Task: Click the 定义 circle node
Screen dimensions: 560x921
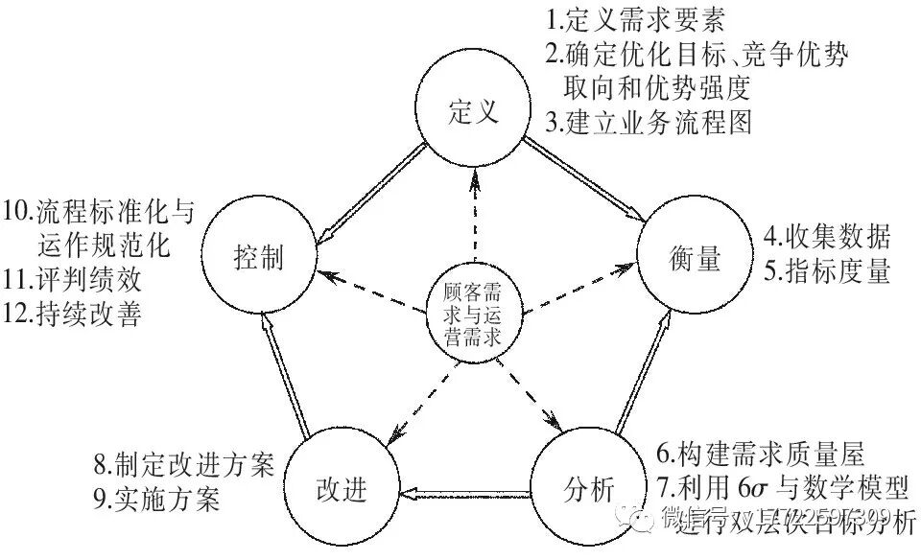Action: [x=473, y=112]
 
